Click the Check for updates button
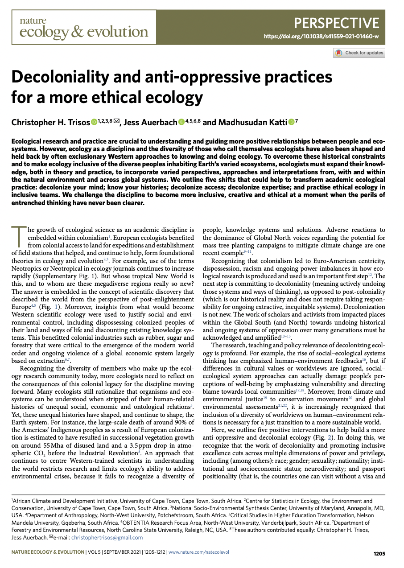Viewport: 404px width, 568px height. (x=359, y=53)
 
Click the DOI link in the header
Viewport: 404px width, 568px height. (x=322, y=36)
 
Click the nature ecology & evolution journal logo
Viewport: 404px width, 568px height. (x=84, y=28)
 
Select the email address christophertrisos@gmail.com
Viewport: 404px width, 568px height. (x=106, y=538)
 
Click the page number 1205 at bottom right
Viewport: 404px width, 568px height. (x=379, y=554)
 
